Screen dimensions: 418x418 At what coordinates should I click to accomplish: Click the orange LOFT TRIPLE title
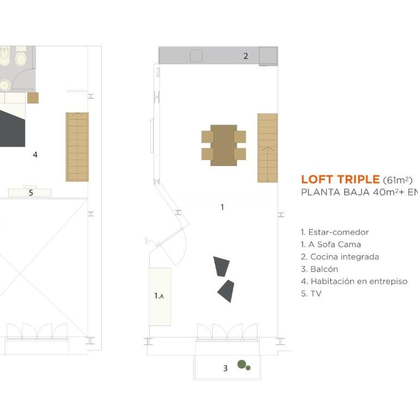coord(340,180)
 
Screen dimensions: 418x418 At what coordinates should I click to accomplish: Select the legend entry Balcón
coord(319,269)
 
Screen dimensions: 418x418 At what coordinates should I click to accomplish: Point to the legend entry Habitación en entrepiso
coord(354,281)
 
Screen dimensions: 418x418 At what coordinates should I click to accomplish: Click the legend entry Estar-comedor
coord(335,232)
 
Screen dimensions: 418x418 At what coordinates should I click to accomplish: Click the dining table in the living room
coord(224,145)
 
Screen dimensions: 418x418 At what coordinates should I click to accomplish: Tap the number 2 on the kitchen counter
coord(245,56)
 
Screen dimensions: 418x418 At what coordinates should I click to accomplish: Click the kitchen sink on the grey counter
coord(196,56)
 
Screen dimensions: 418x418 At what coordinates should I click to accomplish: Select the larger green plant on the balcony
coord(242,364)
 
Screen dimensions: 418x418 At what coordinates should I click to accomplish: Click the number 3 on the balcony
coord(225,368)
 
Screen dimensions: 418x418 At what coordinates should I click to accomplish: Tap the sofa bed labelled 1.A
coord(159,297)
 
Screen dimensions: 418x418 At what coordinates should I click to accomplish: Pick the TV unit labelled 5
coord(29,193)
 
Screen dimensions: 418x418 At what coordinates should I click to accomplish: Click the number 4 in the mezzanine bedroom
coord(35,155)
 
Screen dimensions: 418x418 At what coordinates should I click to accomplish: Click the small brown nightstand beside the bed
coord(33,98)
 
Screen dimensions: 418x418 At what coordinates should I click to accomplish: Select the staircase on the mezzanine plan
coord(77,147)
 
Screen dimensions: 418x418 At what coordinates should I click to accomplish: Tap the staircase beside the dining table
coord(267,148)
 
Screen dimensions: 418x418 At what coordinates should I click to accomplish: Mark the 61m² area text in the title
coord(397,180)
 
